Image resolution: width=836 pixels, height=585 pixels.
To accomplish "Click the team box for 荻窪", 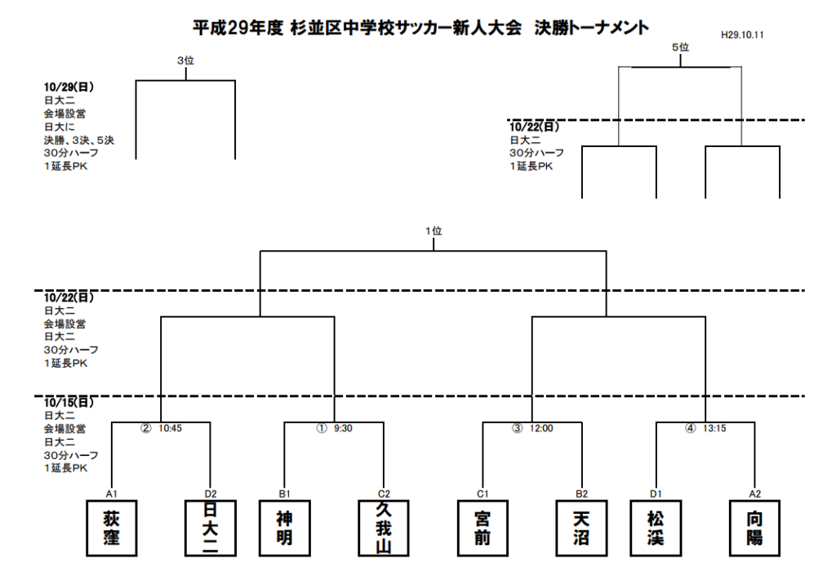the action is click(111, 528).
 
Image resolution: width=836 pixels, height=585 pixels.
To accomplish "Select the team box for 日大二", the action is click(211, 528).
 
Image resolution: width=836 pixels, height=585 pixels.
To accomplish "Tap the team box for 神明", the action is click(285, 528).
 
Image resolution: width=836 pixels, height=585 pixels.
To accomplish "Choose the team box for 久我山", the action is click(384, 528).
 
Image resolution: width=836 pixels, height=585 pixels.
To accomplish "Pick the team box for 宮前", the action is click(482, 528).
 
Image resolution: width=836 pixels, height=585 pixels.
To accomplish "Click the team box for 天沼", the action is click(581, 528).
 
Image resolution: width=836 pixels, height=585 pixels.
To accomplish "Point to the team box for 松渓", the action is click(656, 528).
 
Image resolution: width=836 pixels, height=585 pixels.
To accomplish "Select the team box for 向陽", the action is click(754, 528).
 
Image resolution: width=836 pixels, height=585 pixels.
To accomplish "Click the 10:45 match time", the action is click(170, 429).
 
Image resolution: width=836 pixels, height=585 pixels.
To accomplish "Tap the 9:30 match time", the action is click(343, 429).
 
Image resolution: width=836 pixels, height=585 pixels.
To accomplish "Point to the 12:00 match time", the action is click(541, 429).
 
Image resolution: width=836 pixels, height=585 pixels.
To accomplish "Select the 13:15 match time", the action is click(714, 429).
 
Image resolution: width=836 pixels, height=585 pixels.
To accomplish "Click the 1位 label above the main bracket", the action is click(434, 231).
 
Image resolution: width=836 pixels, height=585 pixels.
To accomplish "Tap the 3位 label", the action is click(185, 60).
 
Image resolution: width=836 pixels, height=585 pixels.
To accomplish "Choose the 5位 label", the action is click(680, 47).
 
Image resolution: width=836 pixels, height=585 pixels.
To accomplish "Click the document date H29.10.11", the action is click(742, 35).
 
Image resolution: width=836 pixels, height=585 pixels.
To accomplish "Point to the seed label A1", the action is click(111, 494).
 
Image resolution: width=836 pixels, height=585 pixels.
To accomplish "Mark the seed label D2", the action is click(211, 494).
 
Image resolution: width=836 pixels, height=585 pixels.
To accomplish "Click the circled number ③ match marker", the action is click(517, 429).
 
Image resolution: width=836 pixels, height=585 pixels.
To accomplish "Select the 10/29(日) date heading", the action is click(69, 87).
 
